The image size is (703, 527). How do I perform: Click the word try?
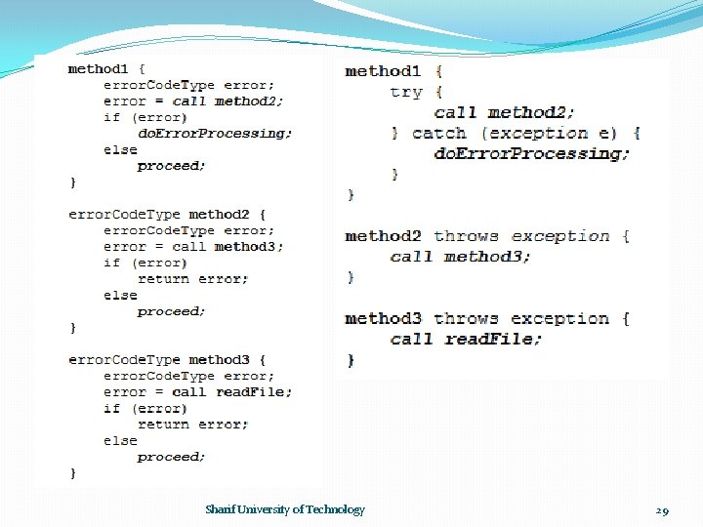(405, 92)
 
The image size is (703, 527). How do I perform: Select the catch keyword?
(439, 133)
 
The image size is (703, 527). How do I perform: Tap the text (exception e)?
(555, 133)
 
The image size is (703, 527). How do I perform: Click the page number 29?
(662, 510)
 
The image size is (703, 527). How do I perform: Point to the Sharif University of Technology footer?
(285, 509)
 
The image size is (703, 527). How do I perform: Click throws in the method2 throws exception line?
(466, 236)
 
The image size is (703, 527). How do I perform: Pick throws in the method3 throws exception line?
(466, 319)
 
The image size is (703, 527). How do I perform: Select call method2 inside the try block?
(505, 112)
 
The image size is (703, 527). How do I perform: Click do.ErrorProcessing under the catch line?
(532, 153)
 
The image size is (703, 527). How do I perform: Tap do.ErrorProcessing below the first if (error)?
(215, 133)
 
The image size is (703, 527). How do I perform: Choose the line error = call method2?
(193, 101)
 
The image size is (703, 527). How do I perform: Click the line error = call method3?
(193, 247)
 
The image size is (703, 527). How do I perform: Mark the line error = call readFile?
(197, 392)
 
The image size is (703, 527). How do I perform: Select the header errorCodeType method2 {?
(167, 215)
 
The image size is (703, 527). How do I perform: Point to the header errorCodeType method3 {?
(167, 360)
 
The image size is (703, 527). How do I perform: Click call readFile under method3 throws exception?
(466, 340)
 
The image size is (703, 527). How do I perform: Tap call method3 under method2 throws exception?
(461, 257)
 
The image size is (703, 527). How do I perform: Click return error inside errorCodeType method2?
(193, 279)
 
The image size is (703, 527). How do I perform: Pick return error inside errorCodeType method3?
(193, 425)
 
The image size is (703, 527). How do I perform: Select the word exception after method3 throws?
(559, 319)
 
